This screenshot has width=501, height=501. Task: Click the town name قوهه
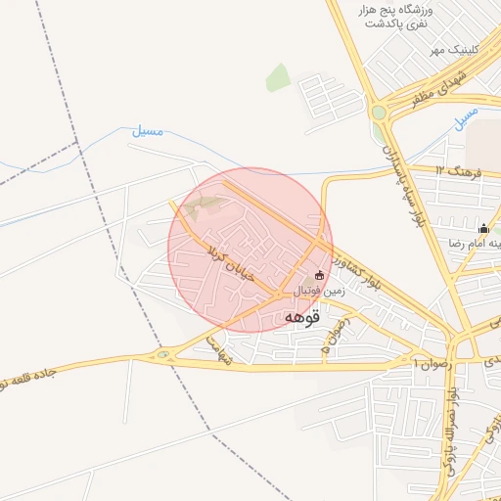tap(305, 317)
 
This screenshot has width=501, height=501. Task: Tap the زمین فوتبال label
tap(319, 291)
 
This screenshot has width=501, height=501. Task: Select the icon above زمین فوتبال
tap(319, 275)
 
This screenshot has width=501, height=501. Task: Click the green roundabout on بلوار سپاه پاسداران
tap(379, 111)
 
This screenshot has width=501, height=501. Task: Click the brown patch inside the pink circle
tap(204, 205)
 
